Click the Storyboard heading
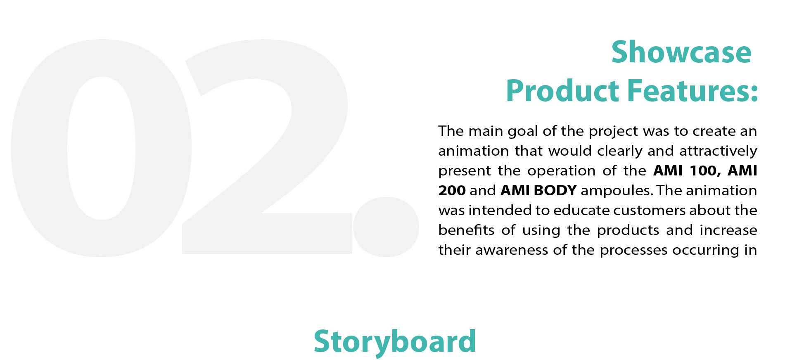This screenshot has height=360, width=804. click(x=395, y=342)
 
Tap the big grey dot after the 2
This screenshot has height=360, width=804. click(x=386, y=227)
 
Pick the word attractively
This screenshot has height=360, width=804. click(x=718, y=151)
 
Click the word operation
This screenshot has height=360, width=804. click(x=561, y=171)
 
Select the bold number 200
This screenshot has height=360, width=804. click(x=452, y=190)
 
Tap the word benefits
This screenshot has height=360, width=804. click(x=466, y=230)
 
